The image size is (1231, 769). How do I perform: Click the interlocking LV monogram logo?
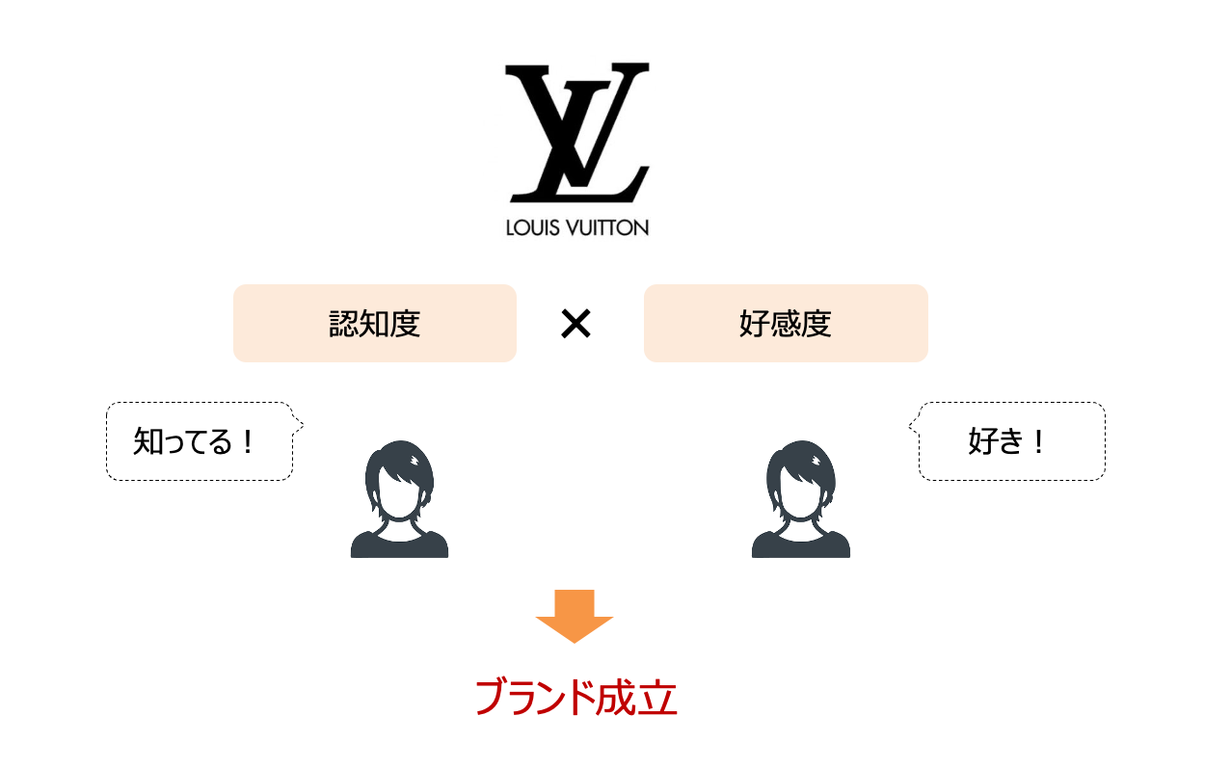coord(577,132)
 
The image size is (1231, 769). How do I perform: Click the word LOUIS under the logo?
coord(532,227)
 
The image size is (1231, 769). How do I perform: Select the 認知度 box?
coord(375,323)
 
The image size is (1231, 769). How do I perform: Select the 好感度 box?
coord(786,323)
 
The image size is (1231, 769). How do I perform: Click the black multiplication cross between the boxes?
coord(575,324)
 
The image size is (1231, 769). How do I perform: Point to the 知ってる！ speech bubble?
coord(201,441)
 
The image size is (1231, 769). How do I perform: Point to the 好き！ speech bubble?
coord(1008,441)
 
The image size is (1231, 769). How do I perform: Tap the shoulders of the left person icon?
coord(399,544)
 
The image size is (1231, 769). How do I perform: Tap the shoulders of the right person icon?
coord(801,544)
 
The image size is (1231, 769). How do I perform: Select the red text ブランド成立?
coord(575,697)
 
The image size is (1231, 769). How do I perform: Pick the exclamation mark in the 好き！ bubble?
coord(1038,441)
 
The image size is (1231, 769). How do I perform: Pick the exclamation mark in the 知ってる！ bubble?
coord(248,441)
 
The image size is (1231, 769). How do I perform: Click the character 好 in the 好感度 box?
coord(754,324)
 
